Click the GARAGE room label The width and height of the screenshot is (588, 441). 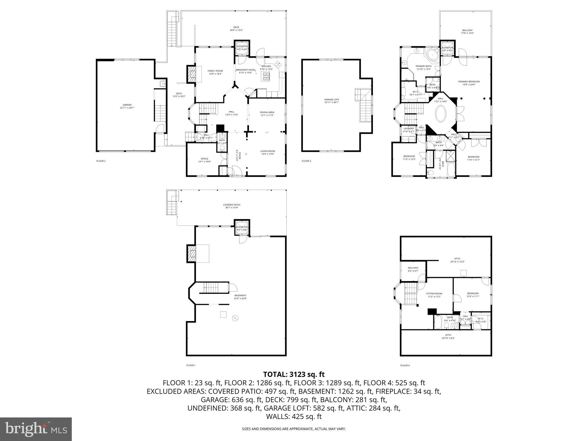127,106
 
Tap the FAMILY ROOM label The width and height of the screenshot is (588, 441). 215,72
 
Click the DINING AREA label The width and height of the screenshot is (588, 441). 267,114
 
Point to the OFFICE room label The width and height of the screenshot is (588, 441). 204,160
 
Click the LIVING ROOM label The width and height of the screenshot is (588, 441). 268,152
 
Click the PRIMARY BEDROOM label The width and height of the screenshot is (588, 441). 469,83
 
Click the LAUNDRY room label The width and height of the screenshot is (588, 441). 409,130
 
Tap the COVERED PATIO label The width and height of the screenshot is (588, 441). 231,206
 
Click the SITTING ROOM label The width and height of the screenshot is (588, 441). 434,295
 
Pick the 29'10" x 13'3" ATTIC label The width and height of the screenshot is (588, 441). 457,260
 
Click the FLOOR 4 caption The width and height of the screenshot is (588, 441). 405,365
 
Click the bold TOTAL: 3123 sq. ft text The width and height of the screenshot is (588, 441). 294,374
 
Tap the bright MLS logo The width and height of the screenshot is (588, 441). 36,429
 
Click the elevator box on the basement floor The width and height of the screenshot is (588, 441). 242,228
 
